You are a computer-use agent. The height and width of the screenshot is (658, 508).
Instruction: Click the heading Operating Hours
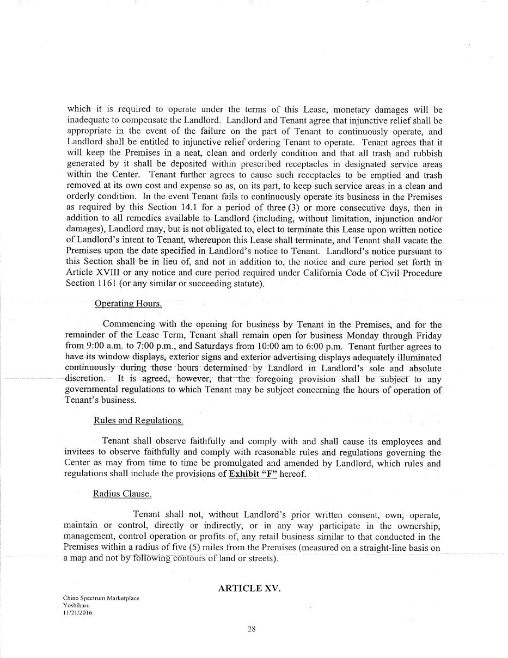[128, 304]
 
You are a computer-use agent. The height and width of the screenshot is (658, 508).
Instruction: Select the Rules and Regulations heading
[138, 421]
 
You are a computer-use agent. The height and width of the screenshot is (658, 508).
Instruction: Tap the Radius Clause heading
[122, 494]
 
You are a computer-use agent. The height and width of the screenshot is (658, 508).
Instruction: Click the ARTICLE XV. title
[249, 588]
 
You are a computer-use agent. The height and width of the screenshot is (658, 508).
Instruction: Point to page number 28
[252, 629]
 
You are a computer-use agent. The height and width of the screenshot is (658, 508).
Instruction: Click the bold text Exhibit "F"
[253, 474]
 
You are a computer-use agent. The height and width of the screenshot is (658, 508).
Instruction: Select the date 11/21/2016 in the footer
[78, 612]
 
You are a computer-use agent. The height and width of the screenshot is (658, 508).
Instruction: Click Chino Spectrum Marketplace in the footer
[101, 598]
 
